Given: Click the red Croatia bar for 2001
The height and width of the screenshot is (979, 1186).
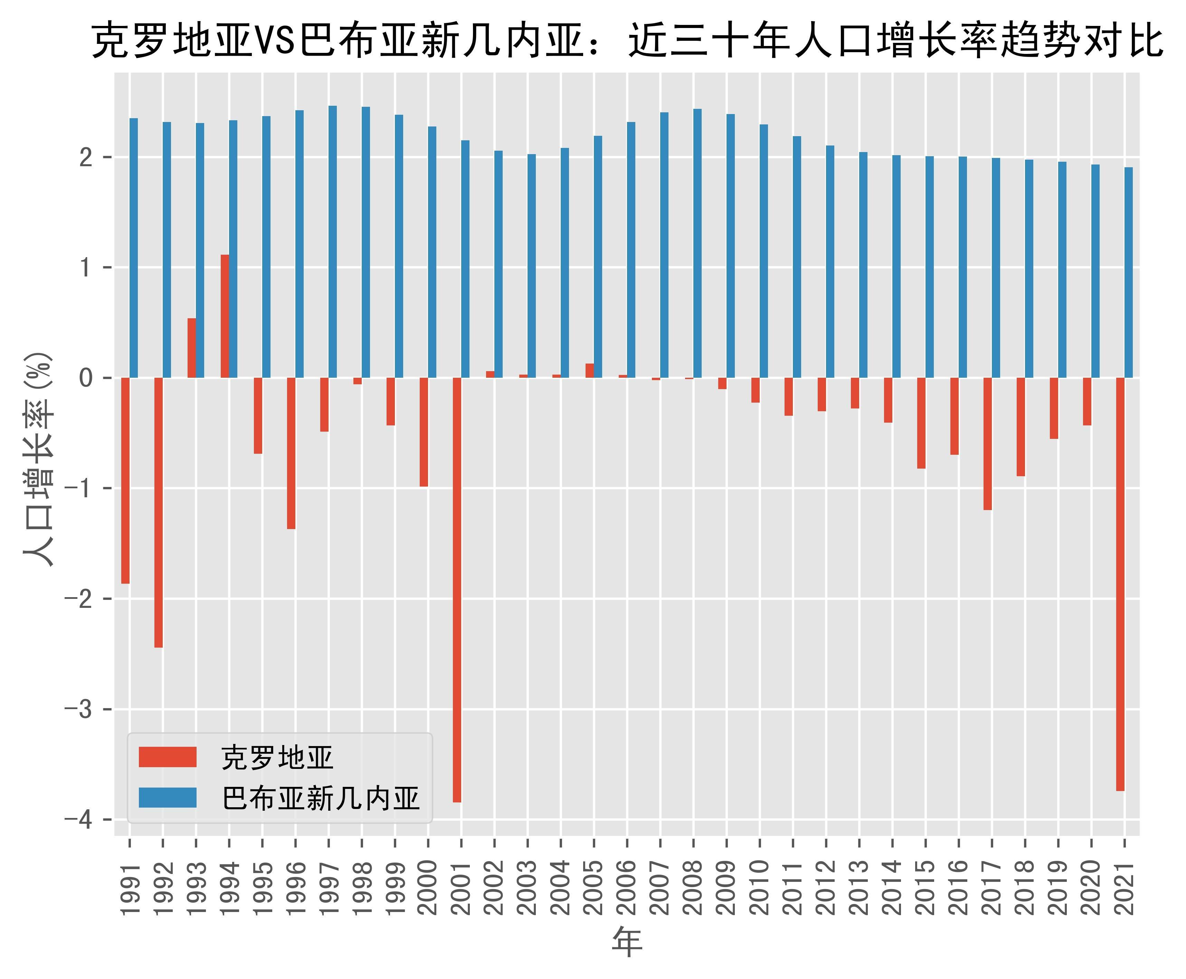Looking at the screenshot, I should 457,589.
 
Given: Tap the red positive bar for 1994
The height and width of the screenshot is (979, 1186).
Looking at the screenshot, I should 225,316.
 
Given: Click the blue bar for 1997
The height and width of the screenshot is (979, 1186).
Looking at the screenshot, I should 333,241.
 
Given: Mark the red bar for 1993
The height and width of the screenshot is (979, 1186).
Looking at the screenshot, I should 192,348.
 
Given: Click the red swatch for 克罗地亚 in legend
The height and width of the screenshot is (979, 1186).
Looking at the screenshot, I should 168,757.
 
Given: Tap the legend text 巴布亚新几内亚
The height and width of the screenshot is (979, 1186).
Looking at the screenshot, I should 321,798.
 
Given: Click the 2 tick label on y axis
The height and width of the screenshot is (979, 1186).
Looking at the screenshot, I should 86,157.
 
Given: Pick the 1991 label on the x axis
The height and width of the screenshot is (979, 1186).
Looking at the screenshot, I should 130,888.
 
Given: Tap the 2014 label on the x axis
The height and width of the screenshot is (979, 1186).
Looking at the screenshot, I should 892,888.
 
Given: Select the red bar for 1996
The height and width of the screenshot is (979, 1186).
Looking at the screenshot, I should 291,453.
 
